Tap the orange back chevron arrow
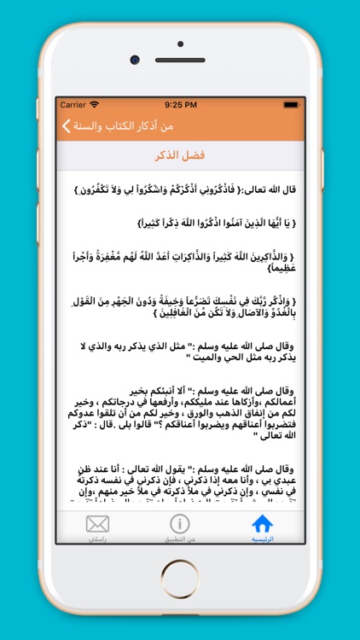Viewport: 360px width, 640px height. coord(66,126)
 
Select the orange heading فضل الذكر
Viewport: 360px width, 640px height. coord(181,155)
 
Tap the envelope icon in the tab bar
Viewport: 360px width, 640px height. coord(98,523)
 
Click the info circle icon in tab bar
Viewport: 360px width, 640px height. coord(180,523)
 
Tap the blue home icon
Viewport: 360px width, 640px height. coord(263,523)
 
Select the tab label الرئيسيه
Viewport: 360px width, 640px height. coord(263,540)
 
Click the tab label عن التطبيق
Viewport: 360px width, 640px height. coord(180,540)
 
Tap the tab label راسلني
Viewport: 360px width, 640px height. coord(98,540)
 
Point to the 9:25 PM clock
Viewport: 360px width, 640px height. coord(180,105)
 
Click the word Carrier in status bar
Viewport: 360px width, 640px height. coord(73,105)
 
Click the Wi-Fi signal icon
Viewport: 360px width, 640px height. coord(95,105)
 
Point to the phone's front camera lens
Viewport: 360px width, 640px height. coord(135,60)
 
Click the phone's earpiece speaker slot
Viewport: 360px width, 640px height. coord(180,60)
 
